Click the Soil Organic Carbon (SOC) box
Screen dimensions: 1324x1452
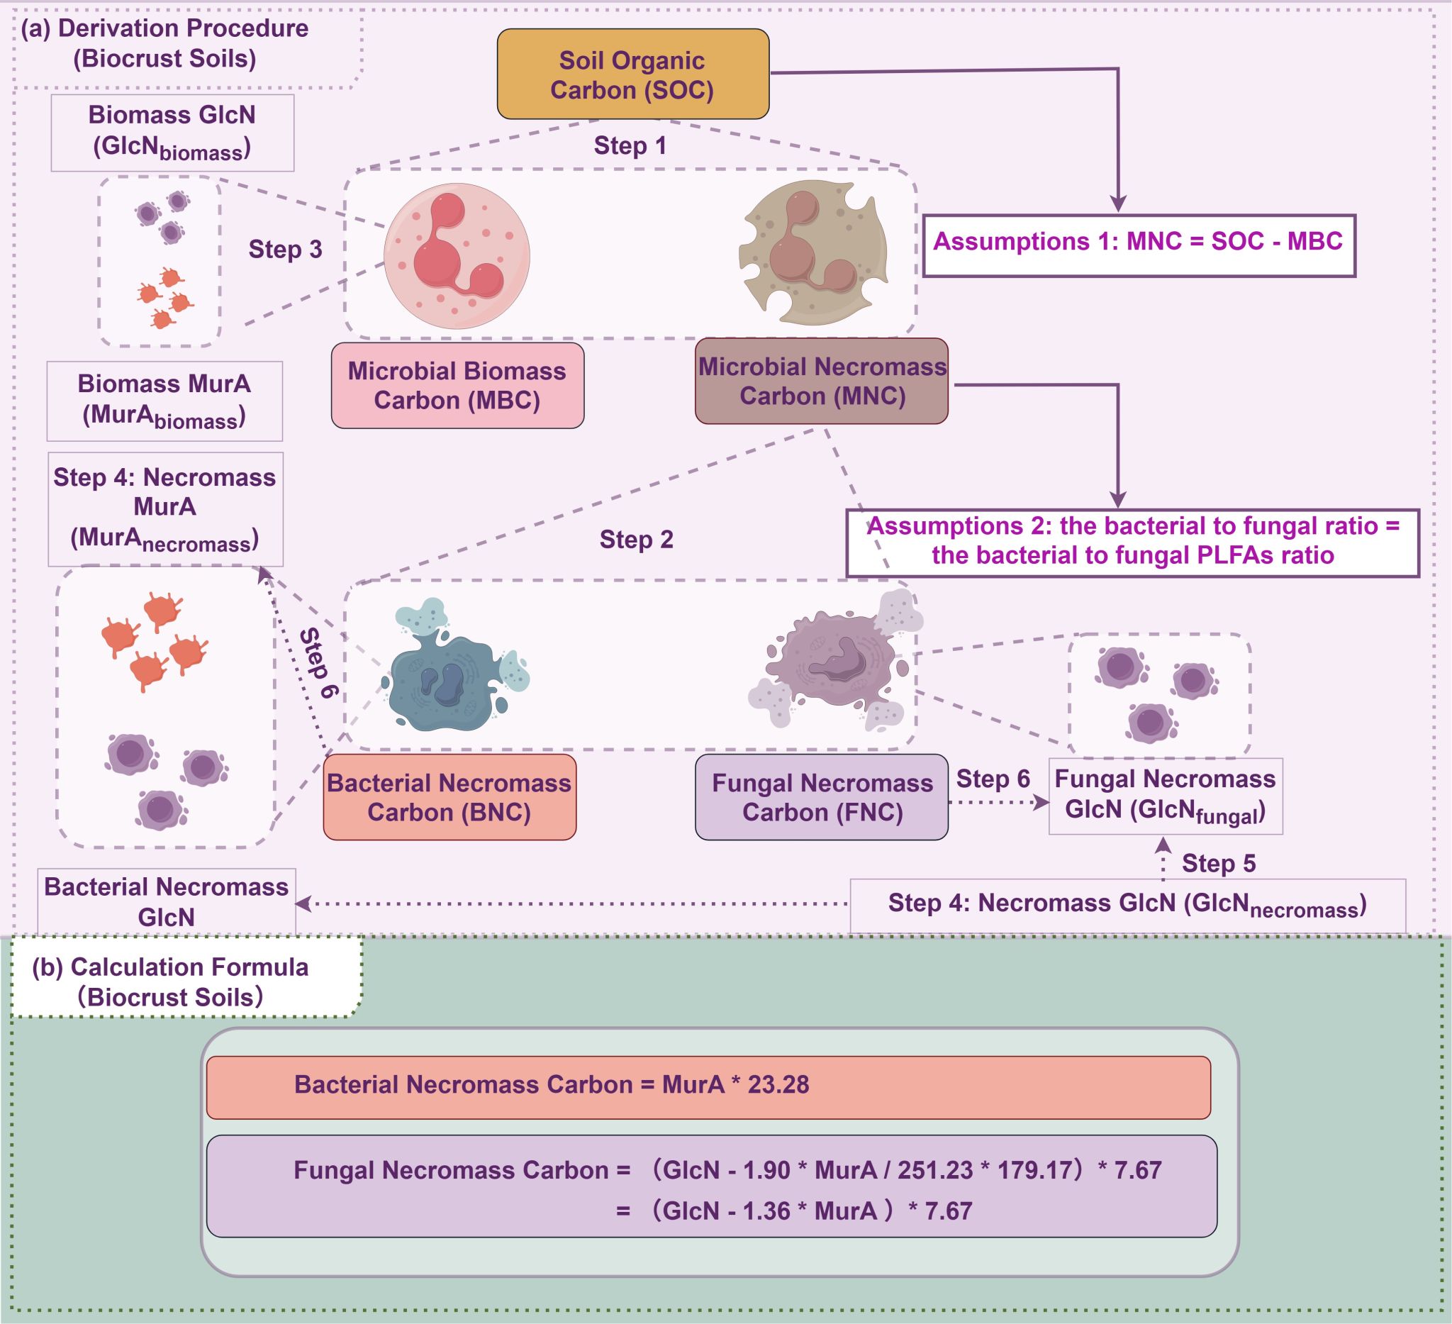coord(632,74)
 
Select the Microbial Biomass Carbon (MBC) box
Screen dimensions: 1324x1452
coord(457,385)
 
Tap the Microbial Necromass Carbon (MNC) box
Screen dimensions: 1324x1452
coord(821,381)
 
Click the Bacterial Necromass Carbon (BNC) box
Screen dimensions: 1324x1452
coord(449,797)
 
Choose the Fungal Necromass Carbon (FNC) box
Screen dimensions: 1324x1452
coord(821,797)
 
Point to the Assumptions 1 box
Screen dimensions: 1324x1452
coord(1138,245)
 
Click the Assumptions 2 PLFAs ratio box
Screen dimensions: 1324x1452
coord(1132,543)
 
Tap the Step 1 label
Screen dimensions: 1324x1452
coord(630,145)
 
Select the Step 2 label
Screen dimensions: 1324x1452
coord(636,539)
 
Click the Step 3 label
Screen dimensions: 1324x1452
coord(285,249)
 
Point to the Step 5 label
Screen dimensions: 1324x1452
coord(1219,863)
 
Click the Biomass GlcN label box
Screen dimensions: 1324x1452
coord(172,133)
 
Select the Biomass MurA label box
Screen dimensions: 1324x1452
coord(164,401)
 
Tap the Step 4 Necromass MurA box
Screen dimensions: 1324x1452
coord(165,508)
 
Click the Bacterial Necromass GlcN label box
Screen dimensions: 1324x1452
coord(167,901)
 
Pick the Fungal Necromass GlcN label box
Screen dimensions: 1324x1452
coord(1166,796)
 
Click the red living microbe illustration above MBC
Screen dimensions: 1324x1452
coord(457,256)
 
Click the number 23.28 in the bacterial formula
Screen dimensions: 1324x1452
coord(778,1085)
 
